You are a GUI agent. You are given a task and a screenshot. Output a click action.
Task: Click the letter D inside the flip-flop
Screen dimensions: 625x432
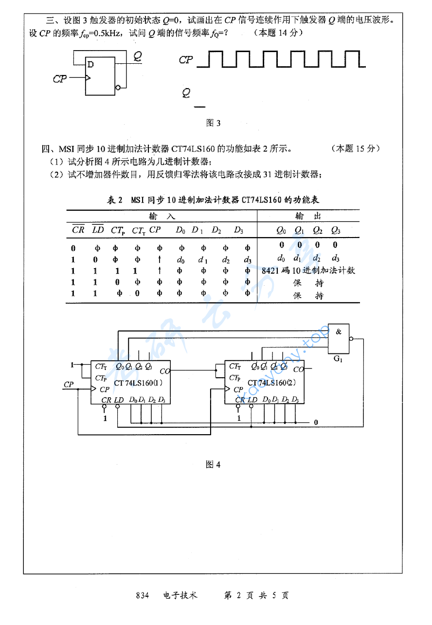pos(90,64)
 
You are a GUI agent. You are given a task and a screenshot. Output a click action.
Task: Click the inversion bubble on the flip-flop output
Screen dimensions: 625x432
pos(117,88)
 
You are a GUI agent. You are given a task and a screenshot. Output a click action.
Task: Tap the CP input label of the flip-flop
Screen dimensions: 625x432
pos(60,78)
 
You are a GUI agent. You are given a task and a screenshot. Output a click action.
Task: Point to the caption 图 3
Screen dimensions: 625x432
pos(214,123)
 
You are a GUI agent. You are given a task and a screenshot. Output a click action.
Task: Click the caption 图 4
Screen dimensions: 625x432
pos(214,464)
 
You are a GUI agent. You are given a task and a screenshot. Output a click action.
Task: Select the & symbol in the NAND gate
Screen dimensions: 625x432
pos(339,332)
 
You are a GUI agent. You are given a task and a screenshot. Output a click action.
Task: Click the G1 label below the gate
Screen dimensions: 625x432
pos(338,359)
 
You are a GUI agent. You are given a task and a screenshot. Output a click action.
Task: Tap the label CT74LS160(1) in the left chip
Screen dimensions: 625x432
pos(139,383)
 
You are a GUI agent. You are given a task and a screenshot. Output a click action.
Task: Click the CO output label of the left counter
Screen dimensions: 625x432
pos(165,371)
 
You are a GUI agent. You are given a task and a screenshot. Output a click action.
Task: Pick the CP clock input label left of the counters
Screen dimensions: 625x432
pos(69,385)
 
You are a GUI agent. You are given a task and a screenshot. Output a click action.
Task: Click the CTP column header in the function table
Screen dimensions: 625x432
pos(118,230)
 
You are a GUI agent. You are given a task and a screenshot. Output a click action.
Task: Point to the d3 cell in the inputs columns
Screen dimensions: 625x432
pos(248,259)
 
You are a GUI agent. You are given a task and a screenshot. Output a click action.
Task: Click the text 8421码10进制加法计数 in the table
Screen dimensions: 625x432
pos(308,271)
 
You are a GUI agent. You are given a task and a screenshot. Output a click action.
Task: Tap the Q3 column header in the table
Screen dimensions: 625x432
pos(336,230)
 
